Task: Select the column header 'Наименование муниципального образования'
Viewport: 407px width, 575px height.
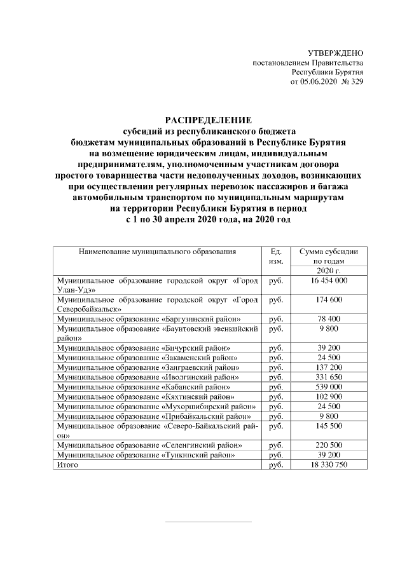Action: [x=157, y=252]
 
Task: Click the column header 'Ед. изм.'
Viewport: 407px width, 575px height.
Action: [x=275, y=257]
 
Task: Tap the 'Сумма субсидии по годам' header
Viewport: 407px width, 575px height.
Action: [x=329, y=257]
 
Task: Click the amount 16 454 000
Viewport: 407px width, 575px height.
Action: [x=329, y=280]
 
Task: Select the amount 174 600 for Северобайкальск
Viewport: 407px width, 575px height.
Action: [x=329, y=299]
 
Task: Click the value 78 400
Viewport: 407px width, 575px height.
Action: [x=329, y=318]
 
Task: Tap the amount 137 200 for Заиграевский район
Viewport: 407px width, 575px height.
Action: [x=329, y=367]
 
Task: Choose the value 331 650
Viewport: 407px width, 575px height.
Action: [x=329, y=377]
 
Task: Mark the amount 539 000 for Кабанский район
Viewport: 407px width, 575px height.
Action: [x=329, y=386]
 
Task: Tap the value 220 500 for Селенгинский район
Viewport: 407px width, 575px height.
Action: [x=329, y=445]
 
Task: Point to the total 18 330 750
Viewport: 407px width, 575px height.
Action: [x=329, y=465]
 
